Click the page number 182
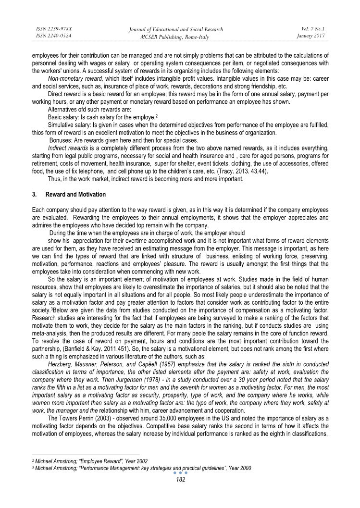179,479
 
